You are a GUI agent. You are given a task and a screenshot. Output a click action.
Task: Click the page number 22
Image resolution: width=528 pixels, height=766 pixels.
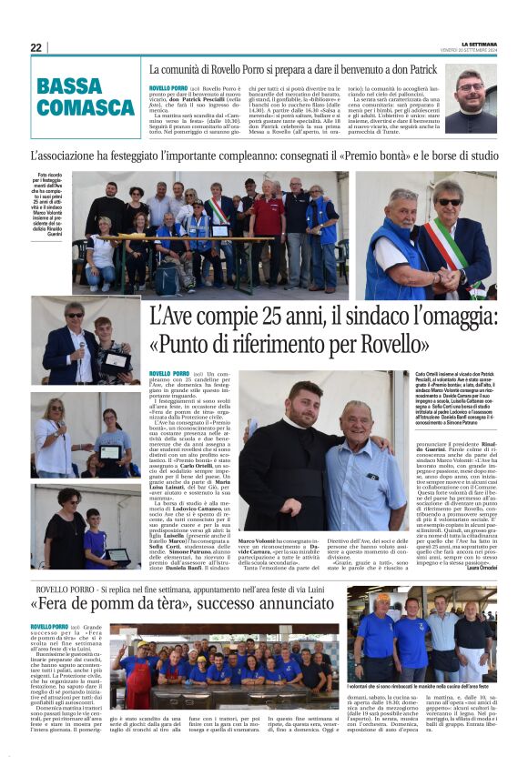(x=36, y=47)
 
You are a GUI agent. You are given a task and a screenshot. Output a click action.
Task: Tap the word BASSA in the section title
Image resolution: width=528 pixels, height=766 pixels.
(x=70, y=88)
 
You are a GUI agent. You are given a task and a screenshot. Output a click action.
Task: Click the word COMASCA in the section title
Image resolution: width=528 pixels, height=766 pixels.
(x=86, y=108)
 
